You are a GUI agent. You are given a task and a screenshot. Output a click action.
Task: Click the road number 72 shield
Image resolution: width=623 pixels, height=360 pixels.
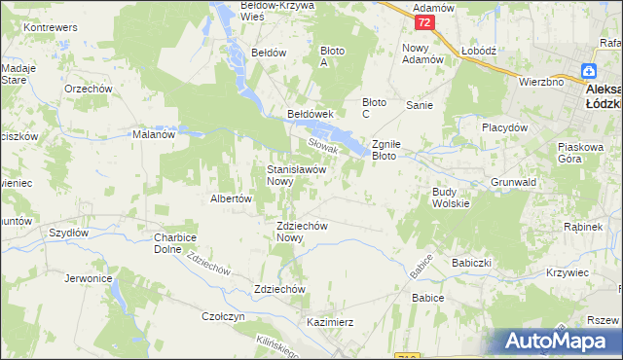[421, 21]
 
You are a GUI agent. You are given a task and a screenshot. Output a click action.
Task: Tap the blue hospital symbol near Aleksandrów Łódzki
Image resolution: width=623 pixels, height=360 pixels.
[589, 71]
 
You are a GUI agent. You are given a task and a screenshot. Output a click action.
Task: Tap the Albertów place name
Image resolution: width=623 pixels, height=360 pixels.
[232, 198]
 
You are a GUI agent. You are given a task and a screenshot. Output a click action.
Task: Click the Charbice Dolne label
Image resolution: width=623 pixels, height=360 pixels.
[175, 243]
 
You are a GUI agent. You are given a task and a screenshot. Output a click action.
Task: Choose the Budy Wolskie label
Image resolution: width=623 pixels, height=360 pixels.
[451, 198]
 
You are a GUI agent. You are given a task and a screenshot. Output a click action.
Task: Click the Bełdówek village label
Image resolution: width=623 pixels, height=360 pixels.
[311, 114]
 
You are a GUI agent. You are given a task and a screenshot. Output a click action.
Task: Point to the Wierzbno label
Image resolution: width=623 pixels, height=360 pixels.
[541, 83]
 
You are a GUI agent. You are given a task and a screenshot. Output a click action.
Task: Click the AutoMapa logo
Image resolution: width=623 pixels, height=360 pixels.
[557, 342]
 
